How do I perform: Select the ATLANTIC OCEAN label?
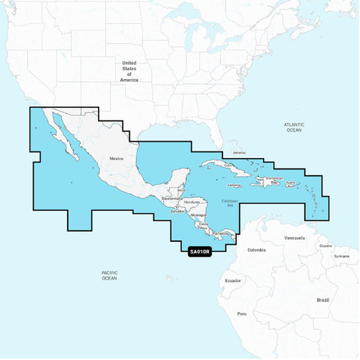(x=294, y=127)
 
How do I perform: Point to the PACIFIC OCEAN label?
(x=109, y=275)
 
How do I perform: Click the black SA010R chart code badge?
(x=200, y=251)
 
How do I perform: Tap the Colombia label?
(x=257, y=250)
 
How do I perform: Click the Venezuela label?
(x=294, y=238)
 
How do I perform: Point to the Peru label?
(x=242, y=314)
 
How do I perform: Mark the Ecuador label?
(x=233, y=280)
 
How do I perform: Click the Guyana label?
(x=326, y=246)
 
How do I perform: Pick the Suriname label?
(x=342, y=256)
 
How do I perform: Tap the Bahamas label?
(x=240, y=153)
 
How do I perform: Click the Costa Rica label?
(x=203, y=226)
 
